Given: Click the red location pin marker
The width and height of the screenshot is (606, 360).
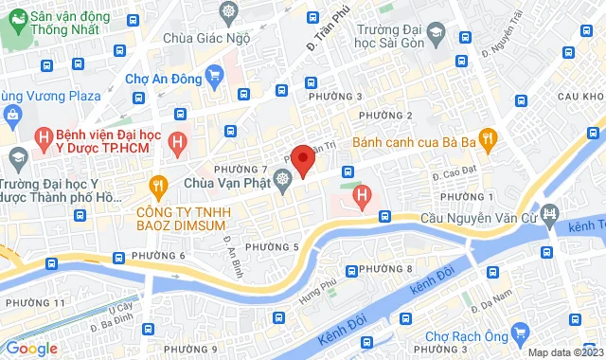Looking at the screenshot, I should (x=302, y=160).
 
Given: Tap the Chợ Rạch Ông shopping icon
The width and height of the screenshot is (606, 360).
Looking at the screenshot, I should (x=519, y=334).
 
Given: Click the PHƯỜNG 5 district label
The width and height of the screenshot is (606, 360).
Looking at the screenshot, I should (x=272, y=247).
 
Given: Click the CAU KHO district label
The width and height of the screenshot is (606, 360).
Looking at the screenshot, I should (x=580, y=97).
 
